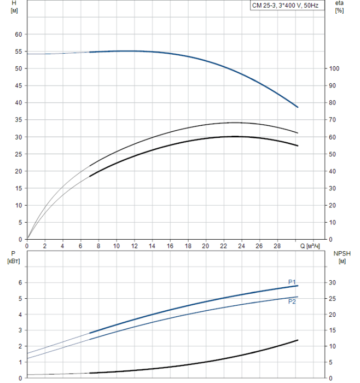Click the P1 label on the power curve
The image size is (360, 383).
pos(292,282)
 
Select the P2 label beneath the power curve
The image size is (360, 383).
pos(292,301)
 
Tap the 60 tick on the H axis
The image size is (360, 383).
pos(18,34)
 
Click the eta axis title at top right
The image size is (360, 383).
pos(339,7)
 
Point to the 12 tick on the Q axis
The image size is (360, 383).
pos(134,246)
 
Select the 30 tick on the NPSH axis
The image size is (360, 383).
pos(336,283)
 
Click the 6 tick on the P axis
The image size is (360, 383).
pos(20,283)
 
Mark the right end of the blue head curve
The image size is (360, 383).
pos(298,107)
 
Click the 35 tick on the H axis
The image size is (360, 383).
pos(18,120)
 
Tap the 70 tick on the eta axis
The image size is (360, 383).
pos(336,120)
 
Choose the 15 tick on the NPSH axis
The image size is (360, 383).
pos(336,330)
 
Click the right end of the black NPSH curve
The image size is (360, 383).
pos(298,340)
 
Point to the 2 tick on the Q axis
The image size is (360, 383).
pos(45,246)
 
